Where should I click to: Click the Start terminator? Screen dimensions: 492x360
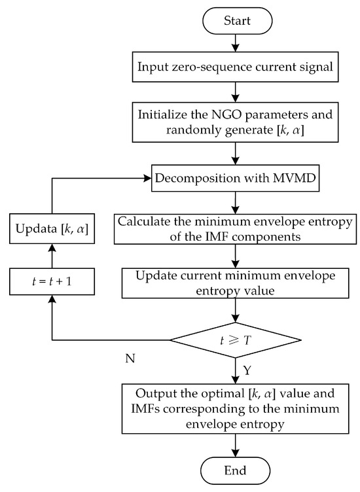tap(236, 22)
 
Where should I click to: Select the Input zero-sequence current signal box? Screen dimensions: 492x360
tap(236, 67)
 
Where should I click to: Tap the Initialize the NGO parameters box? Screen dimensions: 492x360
tap(236, 122)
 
